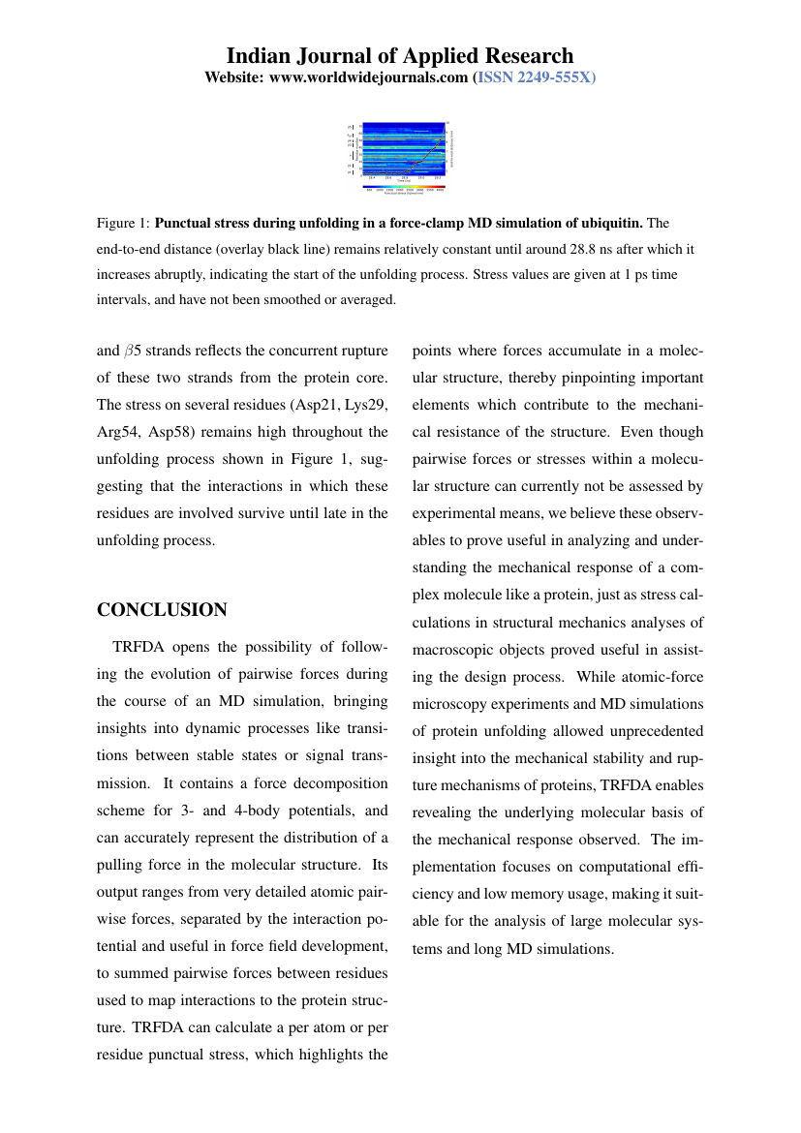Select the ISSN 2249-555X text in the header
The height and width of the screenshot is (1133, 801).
[x=538, y=77]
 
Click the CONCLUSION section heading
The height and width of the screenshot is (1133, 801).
[x=162, y=610]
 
